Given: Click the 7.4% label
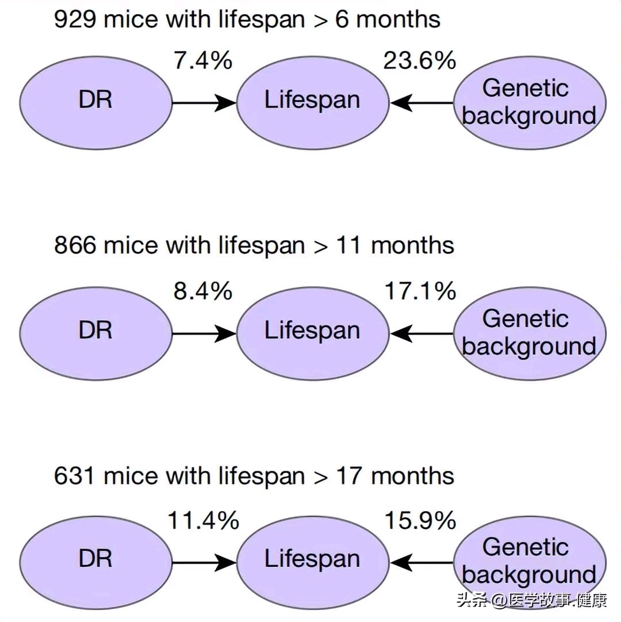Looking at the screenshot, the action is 203,61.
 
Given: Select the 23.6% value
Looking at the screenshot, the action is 419,61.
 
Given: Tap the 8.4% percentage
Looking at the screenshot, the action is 203,291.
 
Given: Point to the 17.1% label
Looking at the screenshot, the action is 420,291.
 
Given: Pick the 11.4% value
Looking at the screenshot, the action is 203,520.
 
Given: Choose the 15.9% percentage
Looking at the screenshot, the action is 420,520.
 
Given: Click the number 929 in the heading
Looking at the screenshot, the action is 75,19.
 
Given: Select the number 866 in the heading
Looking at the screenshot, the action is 75,245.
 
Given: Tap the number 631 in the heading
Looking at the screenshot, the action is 74,475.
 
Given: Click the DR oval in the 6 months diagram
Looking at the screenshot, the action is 95,103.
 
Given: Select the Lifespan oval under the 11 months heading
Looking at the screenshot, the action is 313,333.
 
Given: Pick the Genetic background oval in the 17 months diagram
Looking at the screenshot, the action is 530,562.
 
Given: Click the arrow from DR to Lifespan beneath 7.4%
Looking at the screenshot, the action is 204,103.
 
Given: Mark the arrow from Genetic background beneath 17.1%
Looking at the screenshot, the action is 421,333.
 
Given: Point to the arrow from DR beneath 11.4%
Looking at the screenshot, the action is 204,562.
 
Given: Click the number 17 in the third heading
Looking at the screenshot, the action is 349,475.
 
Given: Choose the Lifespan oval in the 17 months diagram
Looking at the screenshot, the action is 313,562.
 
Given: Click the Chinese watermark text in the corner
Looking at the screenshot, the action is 532,600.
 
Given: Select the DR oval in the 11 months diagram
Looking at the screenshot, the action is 95,333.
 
